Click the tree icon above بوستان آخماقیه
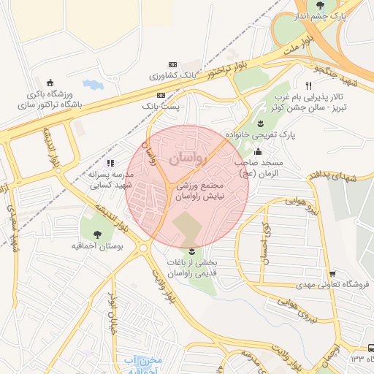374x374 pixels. coord(98,234)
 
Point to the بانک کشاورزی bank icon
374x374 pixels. coord(172,64)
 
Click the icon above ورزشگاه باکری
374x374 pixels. coord(50,83)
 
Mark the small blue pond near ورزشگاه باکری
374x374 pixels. coord(93,85)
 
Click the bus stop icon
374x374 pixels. coord(363,348)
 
